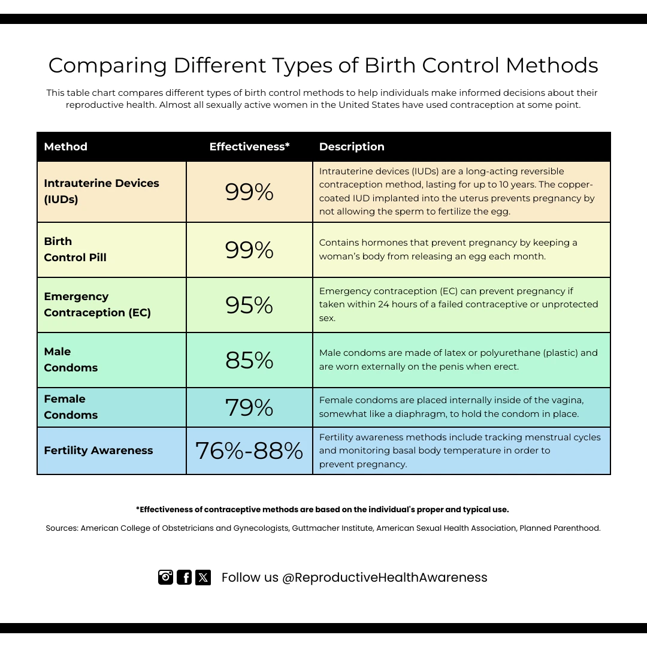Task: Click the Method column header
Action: click(x=66, y=147)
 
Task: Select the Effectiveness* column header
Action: click(x=249, y=147)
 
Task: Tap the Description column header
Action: click(x=352, y=147)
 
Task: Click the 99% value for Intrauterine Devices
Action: click(x=249, y=192)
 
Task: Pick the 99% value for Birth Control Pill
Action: click(x=249, y=250)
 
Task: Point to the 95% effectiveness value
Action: click(x=249, y=305)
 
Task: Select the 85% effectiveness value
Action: click(x=249, y=360)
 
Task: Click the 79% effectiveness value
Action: click(x=249, y=407)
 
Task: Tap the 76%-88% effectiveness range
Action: click(x=249, y=451)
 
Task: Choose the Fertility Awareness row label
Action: click(x=98, y=451)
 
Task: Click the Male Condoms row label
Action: click(x=71, y=359)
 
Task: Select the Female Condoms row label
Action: click(x=71, y=407)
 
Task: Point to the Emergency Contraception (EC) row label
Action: click(x=97, y=304)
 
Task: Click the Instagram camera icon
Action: click(x=165, y=577)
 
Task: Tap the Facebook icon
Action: click(x=185, y=577)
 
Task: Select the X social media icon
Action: click(x=203, y=577)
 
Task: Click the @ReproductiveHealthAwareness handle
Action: click(x=385, y=578)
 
